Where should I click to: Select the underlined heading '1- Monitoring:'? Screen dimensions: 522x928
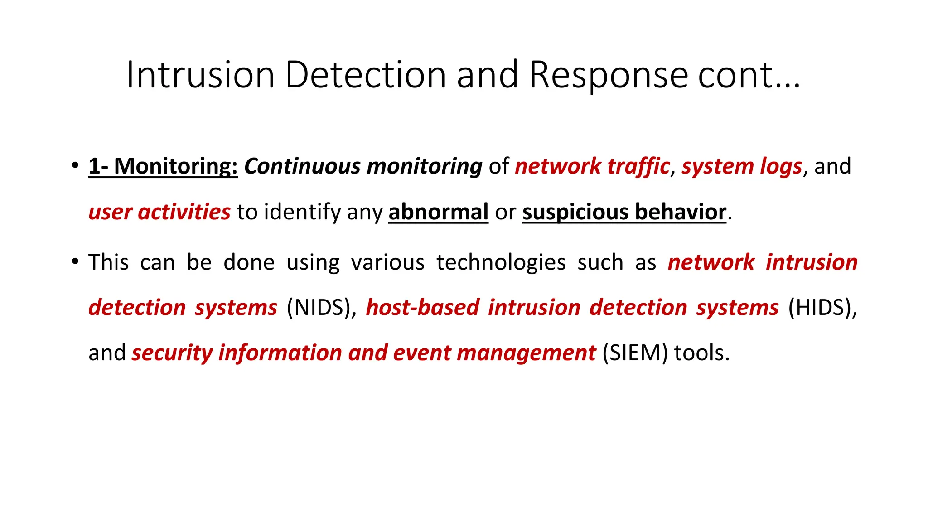tap(163, 166)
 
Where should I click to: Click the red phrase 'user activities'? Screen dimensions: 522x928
tap(159, 212)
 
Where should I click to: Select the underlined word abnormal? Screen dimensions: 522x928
tap(438, 212)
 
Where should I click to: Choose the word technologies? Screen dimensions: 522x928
tap(501, 262)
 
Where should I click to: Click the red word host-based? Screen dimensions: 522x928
tap(422, 308)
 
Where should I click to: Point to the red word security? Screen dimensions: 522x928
tap(172, 353)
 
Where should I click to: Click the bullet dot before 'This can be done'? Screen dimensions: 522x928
tap(75, 261)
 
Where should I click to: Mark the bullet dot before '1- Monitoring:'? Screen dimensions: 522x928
tap(75, 165)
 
